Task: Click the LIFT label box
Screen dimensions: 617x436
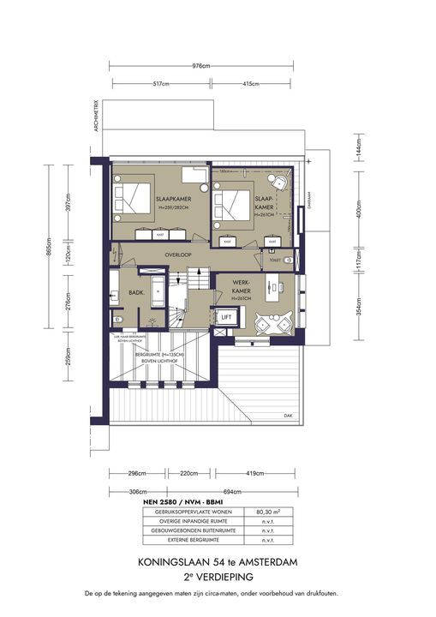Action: [x=226, y=317]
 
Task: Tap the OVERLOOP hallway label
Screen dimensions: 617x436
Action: [x=178, y=255]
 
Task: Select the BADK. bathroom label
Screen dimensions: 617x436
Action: [x=135, y=292]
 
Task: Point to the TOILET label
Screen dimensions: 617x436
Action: [x=274, y=258]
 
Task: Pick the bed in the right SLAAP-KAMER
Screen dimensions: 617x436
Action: [x=231, y=207]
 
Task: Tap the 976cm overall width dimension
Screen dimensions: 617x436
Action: [x=201, y=66]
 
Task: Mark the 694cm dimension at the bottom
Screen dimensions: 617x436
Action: [x=248, y=491]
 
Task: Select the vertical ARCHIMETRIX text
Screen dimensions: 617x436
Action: [x=99, y=117]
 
